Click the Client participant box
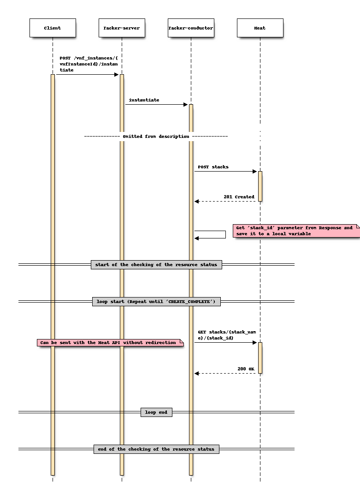tap(53, 28)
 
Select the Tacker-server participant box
tap(122, 28)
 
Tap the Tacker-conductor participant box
tap(191, 28)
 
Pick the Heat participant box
tap(260, 28)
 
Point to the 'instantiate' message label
tap(144, 100)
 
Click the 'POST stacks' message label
tap(213, 167)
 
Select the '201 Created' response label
tap(239, 197)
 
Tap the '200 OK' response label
tap(246, 369)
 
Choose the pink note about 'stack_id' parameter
tap(295, 231)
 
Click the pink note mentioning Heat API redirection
tap(110, 343)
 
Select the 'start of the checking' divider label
tap(156, 265)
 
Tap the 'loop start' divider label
tap(156, 302)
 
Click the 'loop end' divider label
tap(156, 412)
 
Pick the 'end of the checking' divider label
tap(156, 449)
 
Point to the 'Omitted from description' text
tap(156, 137)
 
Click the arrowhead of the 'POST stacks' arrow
tap(254, 172)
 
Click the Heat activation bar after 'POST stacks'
tap(260, 186)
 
